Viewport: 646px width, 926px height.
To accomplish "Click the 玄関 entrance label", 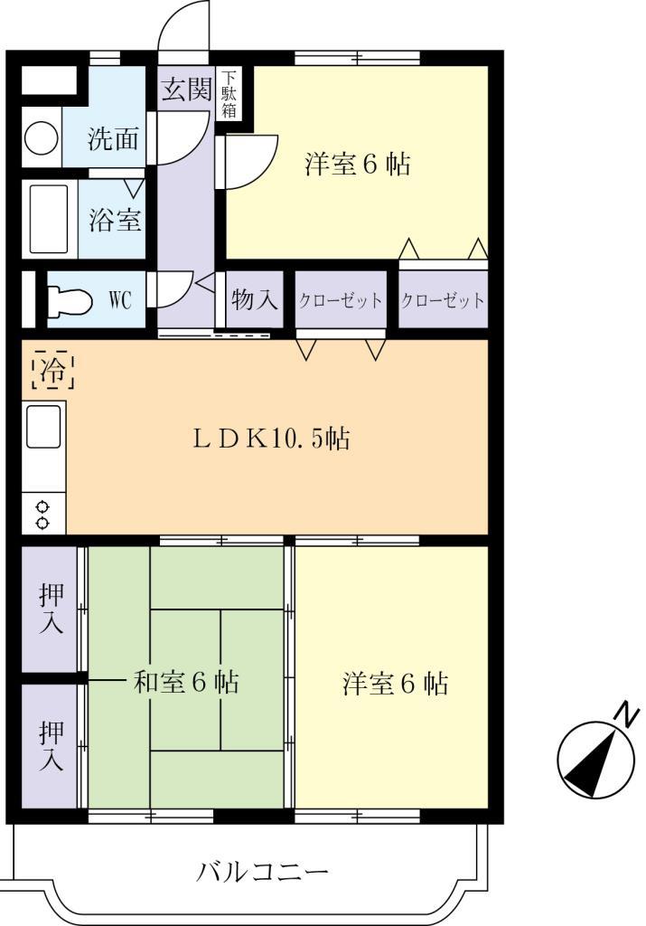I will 187,90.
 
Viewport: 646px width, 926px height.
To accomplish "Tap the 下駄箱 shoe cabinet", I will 230,94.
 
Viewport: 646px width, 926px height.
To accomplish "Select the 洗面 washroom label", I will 113,139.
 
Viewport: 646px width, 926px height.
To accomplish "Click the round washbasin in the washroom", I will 41,138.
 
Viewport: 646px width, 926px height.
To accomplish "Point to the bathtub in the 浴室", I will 50,220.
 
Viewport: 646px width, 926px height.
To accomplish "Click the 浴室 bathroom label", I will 114,220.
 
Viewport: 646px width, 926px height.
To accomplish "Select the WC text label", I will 120,300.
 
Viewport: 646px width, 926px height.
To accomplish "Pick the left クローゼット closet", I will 341,300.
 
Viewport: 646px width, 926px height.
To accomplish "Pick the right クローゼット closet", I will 442,300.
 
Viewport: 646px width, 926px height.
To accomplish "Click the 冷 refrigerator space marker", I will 52,369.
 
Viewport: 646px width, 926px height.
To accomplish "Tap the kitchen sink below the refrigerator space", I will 42,427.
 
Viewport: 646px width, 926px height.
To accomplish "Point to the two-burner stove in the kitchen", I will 42,515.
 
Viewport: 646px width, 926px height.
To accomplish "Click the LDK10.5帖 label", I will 272,439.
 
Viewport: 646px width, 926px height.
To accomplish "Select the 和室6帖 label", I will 186,682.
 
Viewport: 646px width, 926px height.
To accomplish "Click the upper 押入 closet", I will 51,609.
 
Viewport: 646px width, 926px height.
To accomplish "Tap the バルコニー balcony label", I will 262,873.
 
